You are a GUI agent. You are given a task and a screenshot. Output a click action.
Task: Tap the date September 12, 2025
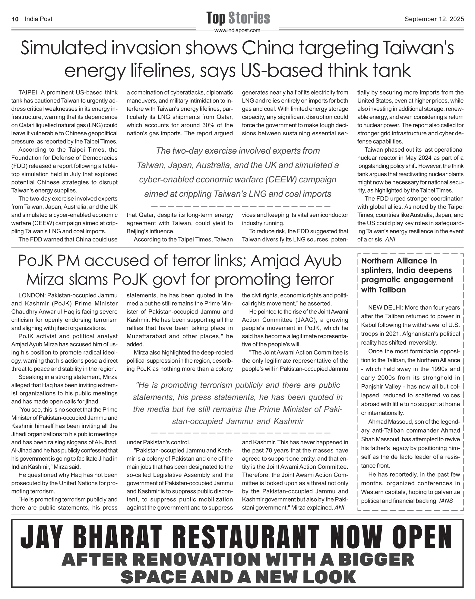pyautogui.click(x=434, y=19)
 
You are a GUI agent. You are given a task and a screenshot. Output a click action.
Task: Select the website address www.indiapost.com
pyautogui.click(x=237, y=30)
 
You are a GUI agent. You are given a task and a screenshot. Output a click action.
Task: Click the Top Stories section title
pyautogui.click(x=238, y=18)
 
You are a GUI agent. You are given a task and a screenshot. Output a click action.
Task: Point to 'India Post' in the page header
pyautogui.click(x=38, y=19)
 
